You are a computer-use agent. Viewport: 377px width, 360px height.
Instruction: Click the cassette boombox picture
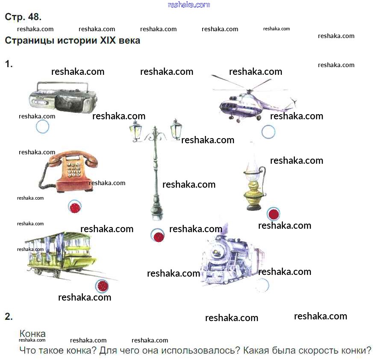63,97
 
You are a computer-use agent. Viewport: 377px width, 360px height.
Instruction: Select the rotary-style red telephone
68,171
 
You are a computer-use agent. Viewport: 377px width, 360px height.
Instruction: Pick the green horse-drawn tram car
60,254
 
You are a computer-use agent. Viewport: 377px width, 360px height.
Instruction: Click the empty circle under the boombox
43,127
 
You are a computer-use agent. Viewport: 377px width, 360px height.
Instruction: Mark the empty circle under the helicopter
268,132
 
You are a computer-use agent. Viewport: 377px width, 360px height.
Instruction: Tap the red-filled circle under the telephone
75,207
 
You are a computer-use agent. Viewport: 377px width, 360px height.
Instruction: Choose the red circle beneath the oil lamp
274,214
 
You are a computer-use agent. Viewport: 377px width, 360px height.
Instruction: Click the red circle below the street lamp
158,235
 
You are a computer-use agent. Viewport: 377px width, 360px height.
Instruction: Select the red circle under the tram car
102,286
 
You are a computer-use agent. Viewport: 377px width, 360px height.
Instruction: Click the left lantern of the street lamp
135,131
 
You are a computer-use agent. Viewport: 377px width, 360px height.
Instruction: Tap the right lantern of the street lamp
176,129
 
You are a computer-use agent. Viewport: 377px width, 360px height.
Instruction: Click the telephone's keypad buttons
74,170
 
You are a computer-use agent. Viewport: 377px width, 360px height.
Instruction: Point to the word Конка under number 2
32,333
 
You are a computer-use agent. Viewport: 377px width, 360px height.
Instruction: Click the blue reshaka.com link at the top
189,5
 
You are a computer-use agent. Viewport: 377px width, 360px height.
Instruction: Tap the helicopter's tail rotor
294,102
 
